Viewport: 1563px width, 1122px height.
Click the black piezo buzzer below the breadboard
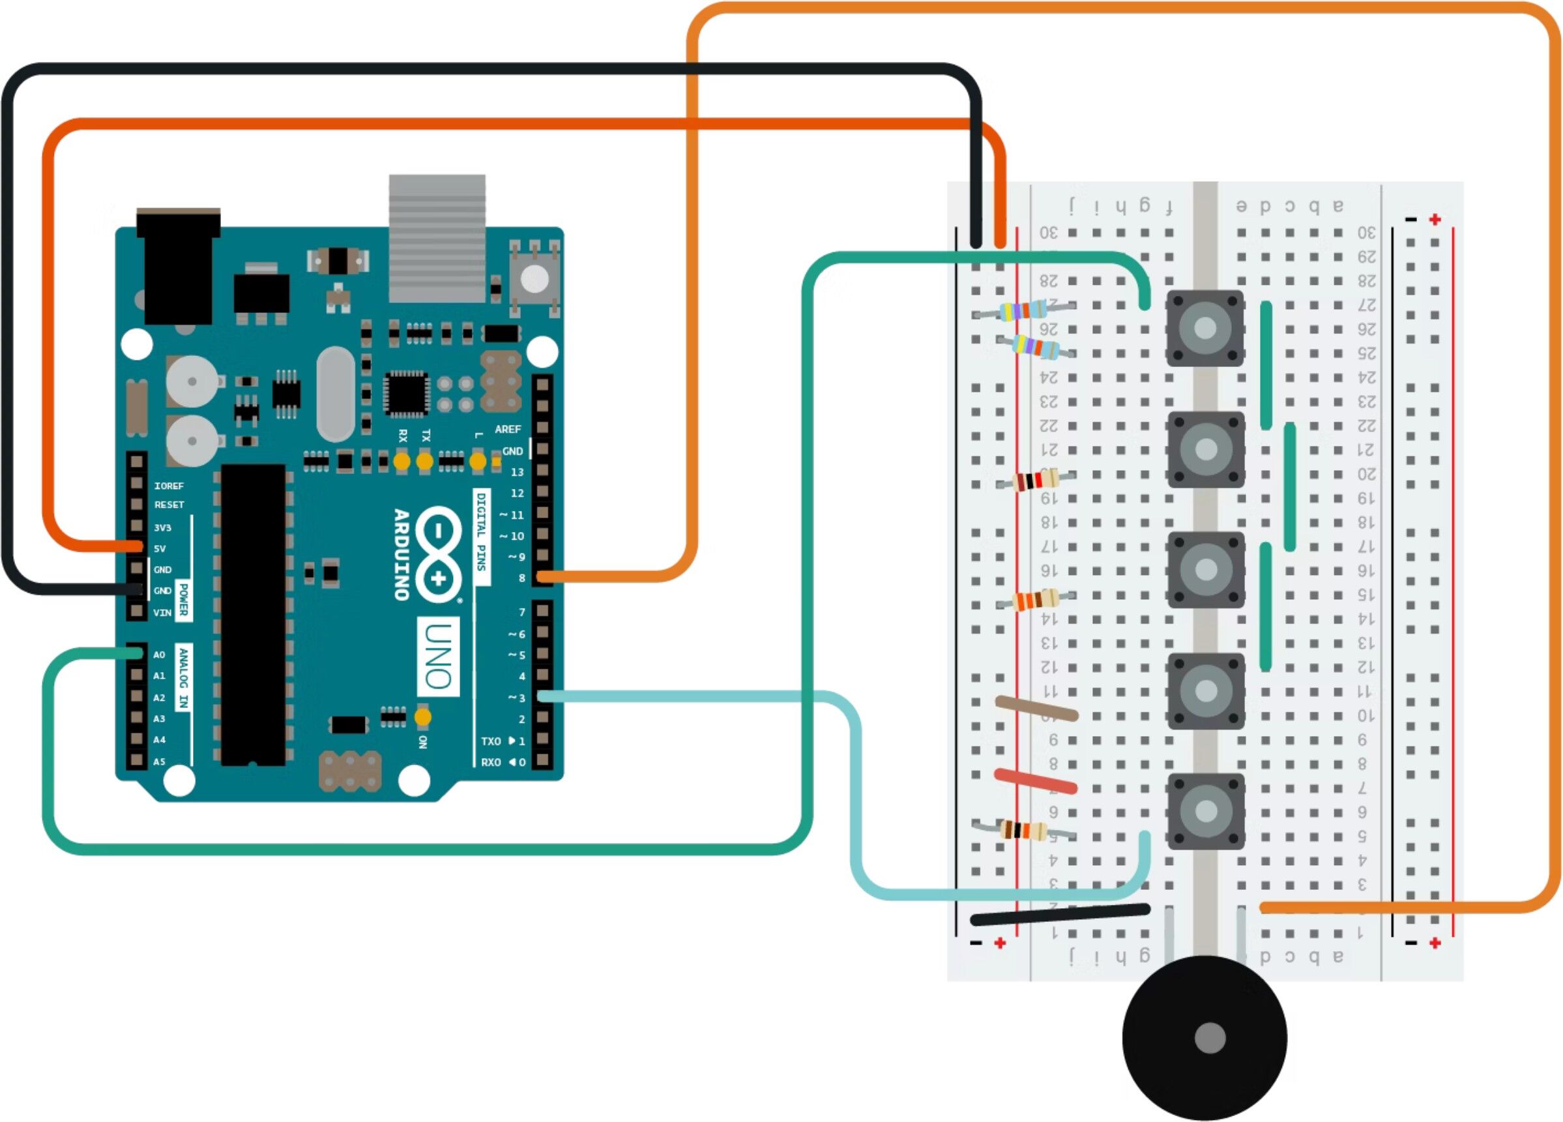1204,1038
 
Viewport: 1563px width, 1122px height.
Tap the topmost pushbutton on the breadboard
1205,328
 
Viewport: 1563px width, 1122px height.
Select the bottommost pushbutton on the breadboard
1205,810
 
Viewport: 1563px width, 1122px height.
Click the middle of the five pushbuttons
1205,569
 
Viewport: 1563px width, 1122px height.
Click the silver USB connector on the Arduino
437,238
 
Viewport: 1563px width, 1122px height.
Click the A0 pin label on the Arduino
159,655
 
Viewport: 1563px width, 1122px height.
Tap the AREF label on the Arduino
508,430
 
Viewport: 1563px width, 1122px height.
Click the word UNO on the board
438,657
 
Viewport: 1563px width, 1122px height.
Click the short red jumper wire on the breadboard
1035,782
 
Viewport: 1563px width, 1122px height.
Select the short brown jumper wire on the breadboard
1036,709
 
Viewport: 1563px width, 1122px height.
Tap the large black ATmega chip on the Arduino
253,615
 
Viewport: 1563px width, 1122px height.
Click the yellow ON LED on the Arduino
422,717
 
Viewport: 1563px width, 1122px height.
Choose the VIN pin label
162,613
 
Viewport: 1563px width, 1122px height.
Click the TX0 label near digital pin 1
491,741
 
